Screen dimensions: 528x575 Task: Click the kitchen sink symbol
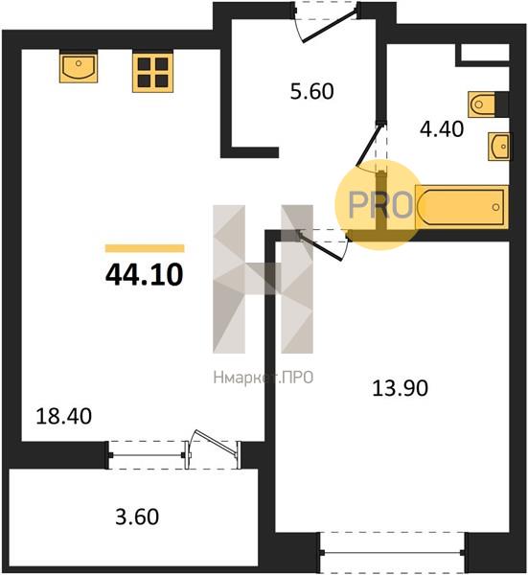pos(79,68)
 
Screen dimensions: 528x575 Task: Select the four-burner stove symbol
pos(153,73)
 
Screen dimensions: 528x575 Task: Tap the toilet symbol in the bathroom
pos(482,104)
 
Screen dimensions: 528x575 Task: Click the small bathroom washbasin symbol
pos(498,147)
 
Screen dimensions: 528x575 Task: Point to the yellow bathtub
pos(462,207)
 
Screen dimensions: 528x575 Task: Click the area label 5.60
pos(312,92)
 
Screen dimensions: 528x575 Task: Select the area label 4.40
pos(442,129)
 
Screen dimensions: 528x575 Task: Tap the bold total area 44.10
pos(144,275)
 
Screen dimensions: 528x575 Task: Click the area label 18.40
pos(64,417)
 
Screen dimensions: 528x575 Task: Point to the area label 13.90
pos(400,388)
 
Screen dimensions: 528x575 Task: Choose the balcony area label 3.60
pos(137,517)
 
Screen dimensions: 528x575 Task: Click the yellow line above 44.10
pos(145,248)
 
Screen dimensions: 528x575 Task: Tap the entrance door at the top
pos(329,27)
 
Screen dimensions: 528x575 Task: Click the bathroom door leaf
pos(370,145)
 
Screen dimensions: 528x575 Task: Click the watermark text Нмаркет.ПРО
pos(264,378)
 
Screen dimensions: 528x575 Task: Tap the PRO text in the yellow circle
pos(380,205)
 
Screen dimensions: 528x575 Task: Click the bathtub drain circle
pos(495,207)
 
